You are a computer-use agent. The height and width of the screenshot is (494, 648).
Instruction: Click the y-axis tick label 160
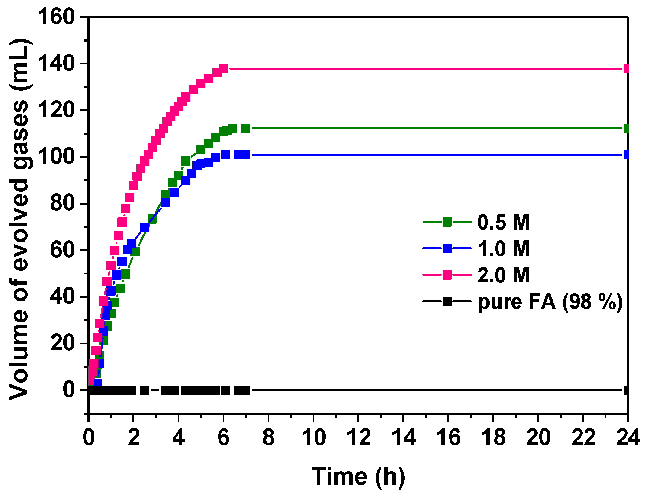coord(57,17)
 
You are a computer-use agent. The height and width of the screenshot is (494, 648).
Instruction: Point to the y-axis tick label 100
coord(57,157)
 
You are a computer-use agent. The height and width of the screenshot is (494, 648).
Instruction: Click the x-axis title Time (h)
coord(358,477)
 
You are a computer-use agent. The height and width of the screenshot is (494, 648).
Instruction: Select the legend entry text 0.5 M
coord(503,222)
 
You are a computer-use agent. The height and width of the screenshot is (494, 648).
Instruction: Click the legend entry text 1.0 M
coord(503,248)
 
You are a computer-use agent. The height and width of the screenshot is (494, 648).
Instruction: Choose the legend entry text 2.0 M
coord(503,275)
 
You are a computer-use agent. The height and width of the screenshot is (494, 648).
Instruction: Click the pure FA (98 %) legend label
coord(550,302)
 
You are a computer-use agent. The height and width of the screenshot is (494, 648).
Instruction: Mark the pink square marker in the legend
coord(447,275)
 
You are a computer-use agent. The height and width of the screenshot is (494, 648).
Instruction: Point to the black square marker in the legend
coord(447,302)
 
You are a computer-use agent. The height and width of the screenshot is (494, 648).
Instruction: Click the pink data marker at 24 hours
coord(627,69)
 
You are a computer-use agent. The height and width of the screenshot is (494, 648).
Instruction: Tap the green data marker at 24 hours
coord(627,128)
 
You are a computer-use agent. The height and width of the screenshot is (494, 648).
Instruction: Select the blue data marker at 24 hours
coord(627,155)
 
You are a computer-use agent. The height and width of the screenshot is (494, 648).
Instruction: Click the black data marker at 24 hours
coord(627,390)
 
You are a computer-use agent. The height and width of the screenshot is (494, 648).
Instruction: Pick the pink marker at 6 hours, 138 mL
coord(223,69)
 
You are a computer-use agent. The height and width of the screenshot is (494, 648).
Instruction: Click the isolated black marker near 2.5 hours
coord(144,390)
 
